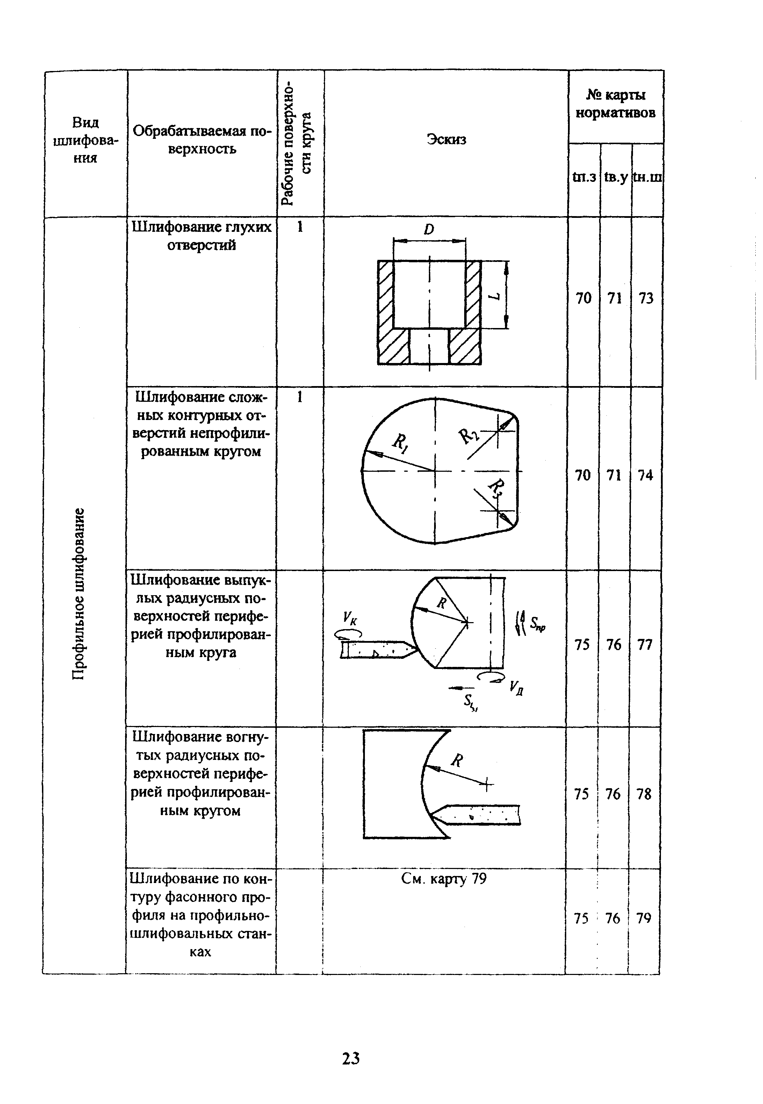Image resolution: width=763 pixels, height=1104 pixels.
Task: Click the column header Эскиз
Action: pos(446,140)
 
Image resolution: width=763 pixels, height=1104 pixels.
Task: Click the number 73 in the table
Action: pos(646,299)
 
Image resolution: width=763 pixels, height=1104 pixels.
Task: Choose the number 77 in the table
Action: pos(645,645)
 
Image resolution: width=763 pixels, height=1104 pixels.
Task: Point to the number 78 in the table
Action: pos(644,794)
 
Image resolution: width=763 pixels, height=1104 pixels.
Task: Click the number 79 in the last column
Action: pos(643,918)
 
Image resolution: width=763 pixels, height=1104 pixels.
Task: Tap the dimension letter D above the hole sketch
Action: pos(429,230)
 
